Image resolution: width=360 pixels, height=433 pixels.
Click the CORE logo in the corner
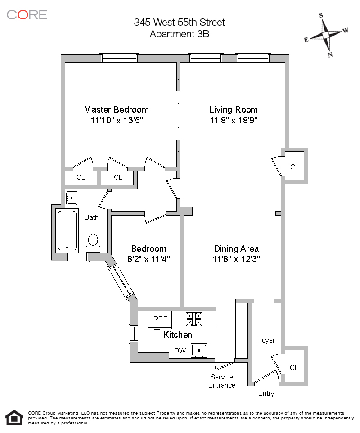(x=27, y=14)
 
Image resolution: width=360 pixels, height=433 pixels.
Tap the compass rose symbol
(x=327, y=35)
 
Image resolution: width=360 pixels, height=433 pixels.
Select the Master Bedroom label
(x=116, y=109)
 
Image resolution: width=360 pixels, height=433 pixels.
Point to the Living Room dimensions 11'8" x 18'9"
(x=234, y=120)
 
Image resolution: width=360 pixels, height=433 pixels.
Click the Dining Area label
(x=236, y=248)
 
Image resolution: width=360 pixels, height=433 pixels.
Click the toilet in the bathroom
(x=93, y=242)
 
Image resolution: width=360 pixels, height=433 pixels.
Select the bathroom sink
(x=72, y=197)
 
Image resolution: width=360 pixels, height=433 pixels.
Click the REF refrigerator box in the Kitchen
(x=160, y=319)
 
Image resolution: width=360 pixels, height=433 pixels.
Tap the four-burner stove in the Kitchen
(x=195, y=319)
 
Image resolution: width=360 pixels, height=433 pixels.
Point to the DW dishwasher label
(x=180, y=351)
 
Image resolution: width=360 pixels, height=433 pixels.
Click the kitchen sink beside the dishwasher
(x=198, y=350)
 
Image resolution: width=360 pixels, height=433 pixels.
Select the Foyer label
(x=266, y=340)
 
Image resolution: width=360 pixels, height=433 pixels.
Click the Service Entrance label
(x=222, y=381)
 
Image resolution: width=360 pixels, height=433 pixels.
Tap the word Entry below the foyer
(x=266, y=393)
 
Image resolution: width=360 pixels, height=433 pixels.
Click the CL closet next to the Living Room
(x=294, y=167)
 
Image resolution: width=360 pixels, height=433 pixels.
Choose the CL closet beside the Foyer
(x=294, y=367)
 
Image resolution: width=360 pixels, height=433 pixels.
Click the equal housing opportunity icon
(x=14, y=418)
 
